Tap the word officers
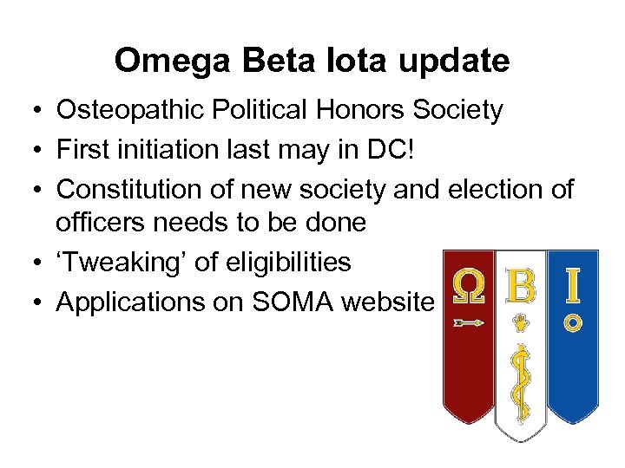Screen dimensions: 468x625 pyautogui.click(x=102, y=223)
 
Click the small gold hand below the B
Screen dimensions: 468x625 pyautogui.click(x=521, y=323)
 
